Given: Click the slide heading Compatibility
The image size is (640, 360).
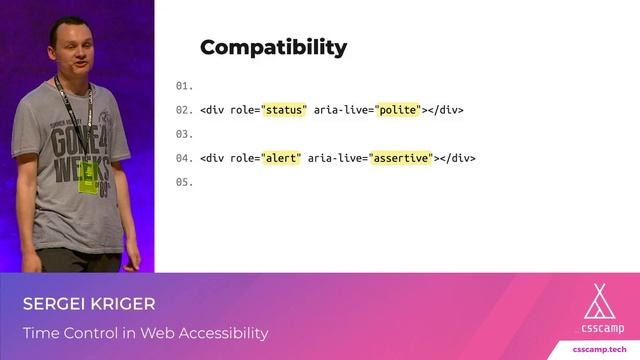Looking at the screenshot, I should (273, 47).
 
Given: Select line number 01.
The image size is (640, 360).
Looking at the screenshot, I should (183, 86).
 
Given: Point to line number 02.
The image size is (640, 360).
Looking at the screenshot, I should (183, 110).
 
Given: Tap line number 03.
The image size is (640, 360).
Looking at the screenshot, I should (183, 134).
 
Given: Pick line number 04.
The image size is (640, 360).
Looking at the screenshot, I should (183, 158).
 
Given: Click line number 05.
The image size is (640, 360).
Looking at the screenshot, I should (183, 182).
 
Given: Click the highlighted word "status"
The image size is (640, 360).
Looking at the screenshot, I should (283, 110).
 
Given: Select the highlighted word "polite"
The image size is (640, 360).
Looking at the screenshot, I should (399, 110).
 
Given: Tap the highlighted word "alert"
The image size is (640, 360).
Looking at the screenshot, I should (280, 158).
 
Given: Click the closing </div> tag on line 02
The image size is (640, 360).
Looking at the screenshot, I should (445, 110).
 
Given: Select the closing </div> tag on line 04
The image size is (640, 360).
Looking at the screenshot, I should (457, 158).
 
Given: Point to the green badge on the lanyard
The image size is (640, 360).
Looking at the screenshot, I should (88, 177).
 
